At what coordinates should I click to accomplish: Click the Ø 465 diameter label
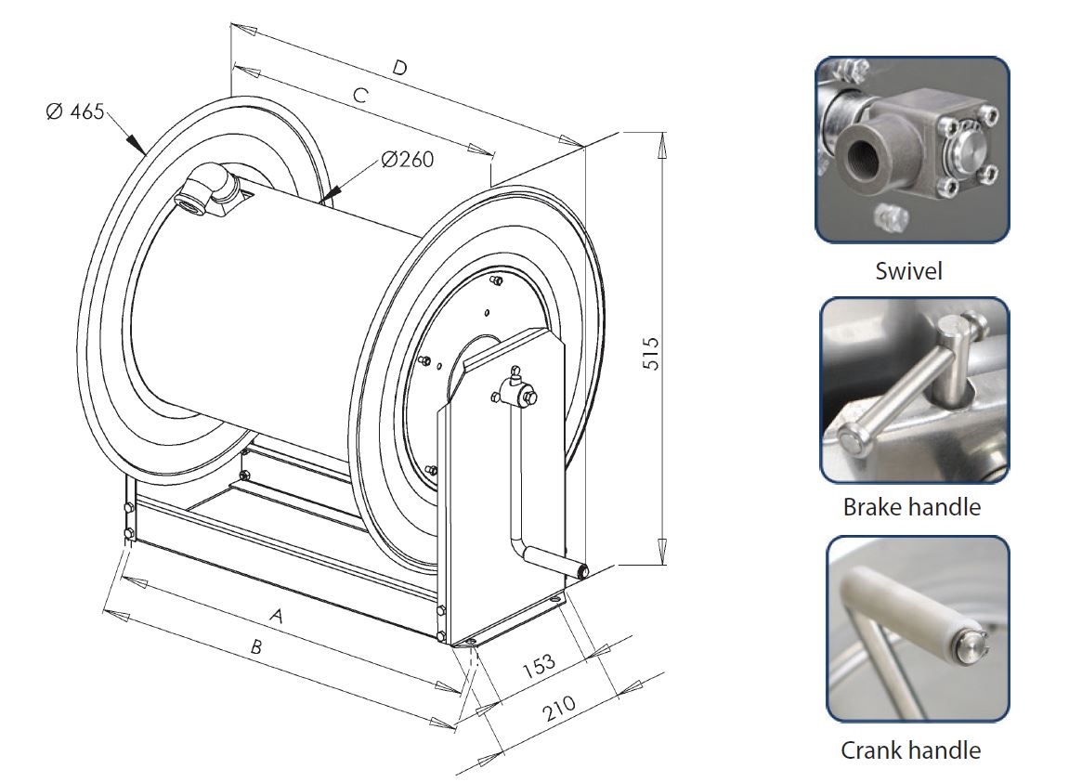click(76, 111)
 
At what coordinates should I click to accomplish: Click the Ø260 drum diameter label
click(407, 159)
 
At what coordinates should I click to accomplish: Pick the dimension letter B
click(255, 649)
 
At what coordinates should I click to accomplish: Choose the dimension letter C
click(361, 95)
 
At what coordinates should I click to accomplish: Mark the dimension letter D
click(399, 67)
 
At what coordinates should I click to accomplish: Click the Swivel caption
click(908, 270)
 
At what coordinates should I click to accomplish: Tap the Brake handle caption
click(911, 507)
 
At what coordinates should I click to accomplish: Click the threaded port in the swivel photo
click(861, 154)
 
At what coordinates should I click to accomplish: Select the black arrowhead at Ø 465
click(135, 144)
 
